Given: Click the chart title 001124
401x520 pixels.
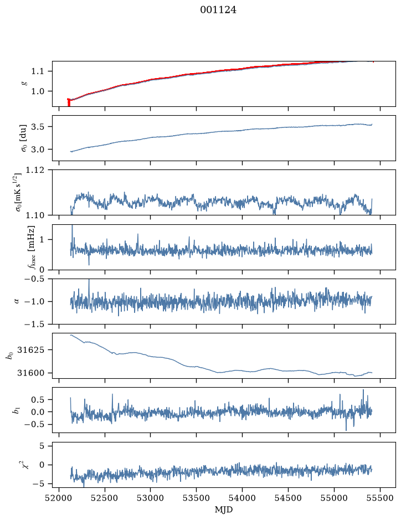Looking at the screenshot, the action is (218, 10).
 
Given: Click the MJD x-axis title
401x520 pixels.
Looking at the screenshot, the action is (224, 509).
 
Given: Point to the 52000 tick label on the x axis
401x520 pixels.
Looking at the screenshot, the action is (59, 498).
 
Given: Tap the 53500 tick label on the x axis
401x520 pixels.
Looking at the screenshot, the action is (196, 498).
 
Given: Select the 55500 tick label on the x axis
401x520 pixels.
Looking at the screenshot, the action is (380, 498).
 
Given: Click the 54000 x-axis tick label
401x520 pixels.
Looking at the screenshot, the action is (242, 498).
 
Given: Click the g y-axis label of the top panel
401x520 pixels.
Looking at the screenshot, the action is (24, 84).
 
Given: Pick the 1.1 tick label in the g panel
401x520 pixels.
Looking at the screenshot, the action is (37, 71).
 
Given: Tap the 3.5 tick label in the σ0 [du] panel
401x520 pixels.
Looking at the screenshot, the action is (37, 127).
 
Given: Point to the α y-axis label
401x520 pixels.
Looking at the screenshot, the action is (17, 301).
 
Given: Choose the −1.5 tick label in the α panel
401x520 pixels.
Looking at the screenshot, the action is (34, 324).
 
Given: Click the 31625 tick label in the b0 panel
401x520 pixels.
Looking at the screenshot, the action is (30, 349).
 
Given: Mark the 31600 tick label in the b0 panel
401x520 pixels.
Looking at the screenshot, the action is (30, 373).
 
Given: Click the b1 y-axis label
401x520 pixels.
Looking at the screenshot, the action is (16, 410).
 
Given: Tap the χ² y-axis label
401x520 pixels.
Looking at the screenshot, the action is (25, 464).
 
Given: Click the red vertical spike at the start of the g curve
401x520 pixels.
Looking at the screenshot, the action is (69, 102).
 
